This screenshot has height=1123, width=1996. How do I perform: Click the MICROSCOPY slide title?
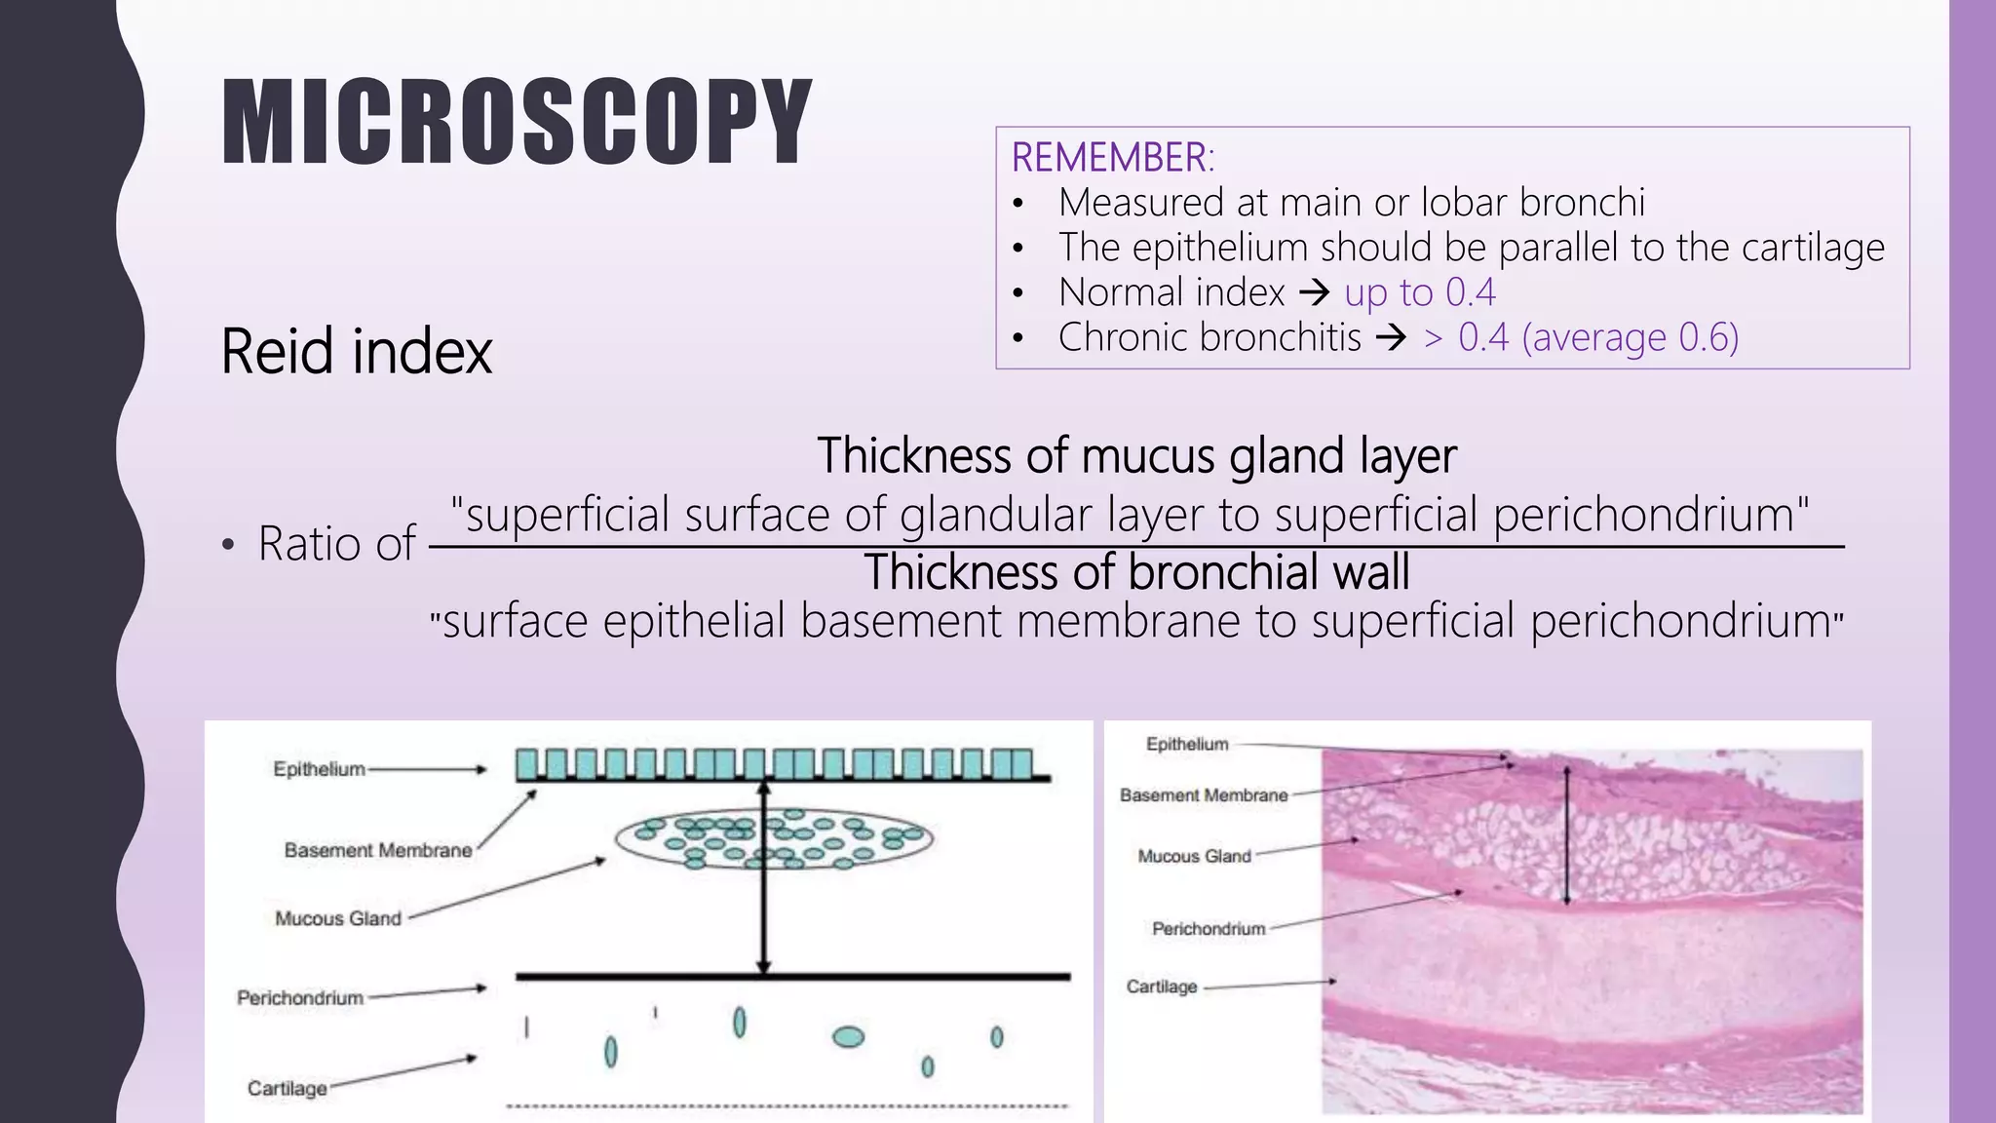(x=517, y=122)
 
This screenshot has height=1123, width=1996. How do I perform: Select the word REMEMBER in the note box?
(x=1110, y=158)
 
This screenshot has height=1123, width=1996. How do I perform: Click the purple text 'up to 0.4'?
(x=1419, y=292)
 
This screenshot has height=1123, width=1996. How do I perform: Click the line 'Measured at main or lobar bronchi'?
(x=1351, y=203)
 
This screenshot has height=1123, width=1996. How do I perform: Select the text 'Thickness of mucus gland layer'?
(x=1136, y=455)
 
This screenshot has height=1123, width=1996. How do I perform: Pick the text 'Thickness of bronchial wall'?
(x=1136, y=571)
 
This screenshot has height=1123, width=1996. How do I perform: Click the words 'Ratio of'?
(x=336, y=543)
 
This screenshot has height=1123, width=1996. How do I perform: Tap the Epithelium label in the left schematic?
(x=319, y=769)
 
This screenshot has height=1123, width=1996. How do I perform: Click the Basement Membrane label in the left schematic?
(x=378, y=850)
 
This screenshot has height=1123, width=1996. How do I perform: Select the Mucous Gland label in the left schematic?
(x=338, y=918)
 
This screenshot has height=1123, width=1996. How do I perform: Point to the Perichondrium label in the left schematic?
(x=300, y=998)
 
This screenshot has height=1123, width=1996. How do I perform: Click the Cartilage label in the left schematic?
(x=287, y=1088)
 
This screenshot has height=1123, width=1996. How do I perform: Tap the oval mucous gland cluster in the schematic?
(x=774, y=838)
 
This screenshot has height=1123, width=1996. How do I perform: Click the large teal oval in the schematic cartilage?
(x=848, y=1036)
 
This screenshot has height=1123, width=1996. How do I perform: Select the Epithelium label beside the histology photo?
(x=1187, y=745)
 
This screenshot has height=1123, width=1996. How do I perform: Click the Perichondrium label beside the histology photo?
(x=1209, y=929)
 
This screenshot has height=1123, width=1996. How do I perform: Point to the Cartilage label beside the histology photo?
(x=1161, y=987)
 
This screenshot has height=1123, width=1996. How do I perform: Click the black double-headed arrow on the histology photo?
(x=1567, y=836)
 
